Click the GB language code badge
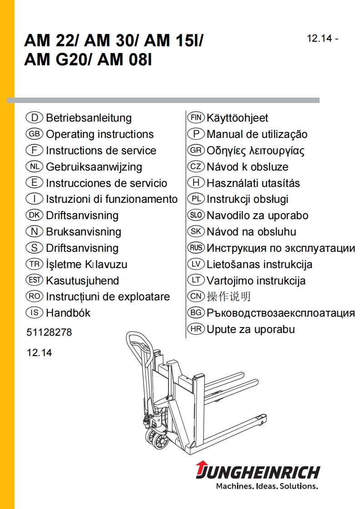click(x=35, y=134)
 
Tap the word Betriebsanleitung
click(x=89, y=118)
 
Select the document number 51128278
click(x=49, y=333)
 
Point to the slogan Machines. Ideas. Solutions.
click(x=266, y=486)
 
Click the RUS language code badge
click(x=196, y=248)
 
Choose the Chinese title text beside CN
click(x=228, y=297)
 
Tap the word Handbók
click(x=68, y=313)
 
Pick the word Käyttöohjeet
click(x=237, y=118)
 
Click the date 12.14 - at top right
click(x=323, y=39)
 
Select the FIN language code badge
click(x=196, y=118)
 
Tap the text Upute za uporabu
click(x=251, y=329)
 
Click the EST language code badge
click(x=35, y=280)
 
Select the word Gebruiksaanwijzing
click(x=94, y=167)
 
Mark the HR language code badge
click(x=196, y=329)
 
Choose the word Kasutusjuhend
click(x=82, y=280)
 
